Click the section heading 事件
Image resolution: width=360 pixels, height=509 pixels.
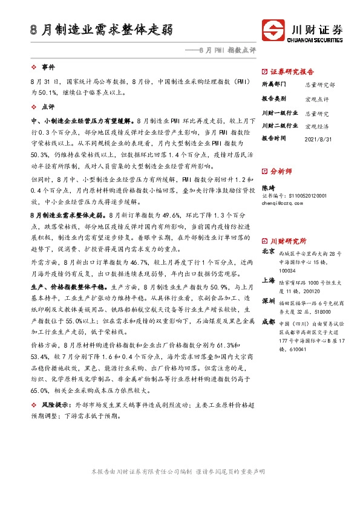pyautogui.click(x=48, y=66)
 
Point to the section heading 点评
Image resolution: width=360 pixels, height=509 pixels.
pyautogui.click(x=48, y=106)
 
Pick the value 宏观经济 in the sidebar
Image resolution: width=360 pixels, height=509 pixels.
pyautogui.click(x=317, y=126)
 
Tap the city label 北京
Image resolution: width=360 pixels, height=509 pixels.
pyautogui.click(x=269, y=251)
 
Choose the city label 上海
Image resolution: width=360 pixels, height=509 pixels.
pyautogui.click(x=269, y=280)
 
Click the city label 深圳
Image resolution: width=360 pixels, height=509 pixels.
pyautogui.click(x=269, y=300)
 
